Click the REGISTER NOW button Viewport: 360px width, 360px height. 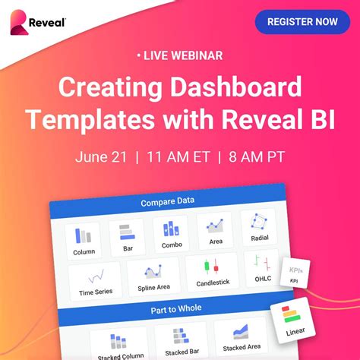click(302, 22)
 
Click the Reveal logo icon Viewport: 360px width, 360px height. click(18, 22)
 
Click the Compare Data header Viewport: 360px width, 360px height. click(167, 202)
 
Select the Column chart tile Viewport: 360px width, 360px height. click(84, 239)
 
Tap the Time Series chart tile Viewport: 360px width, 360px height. click(96, 281)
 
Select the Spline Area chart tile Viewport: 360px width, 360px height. click(153, 276)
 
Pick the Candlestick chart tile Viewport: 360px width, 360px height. click(212, 271)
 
